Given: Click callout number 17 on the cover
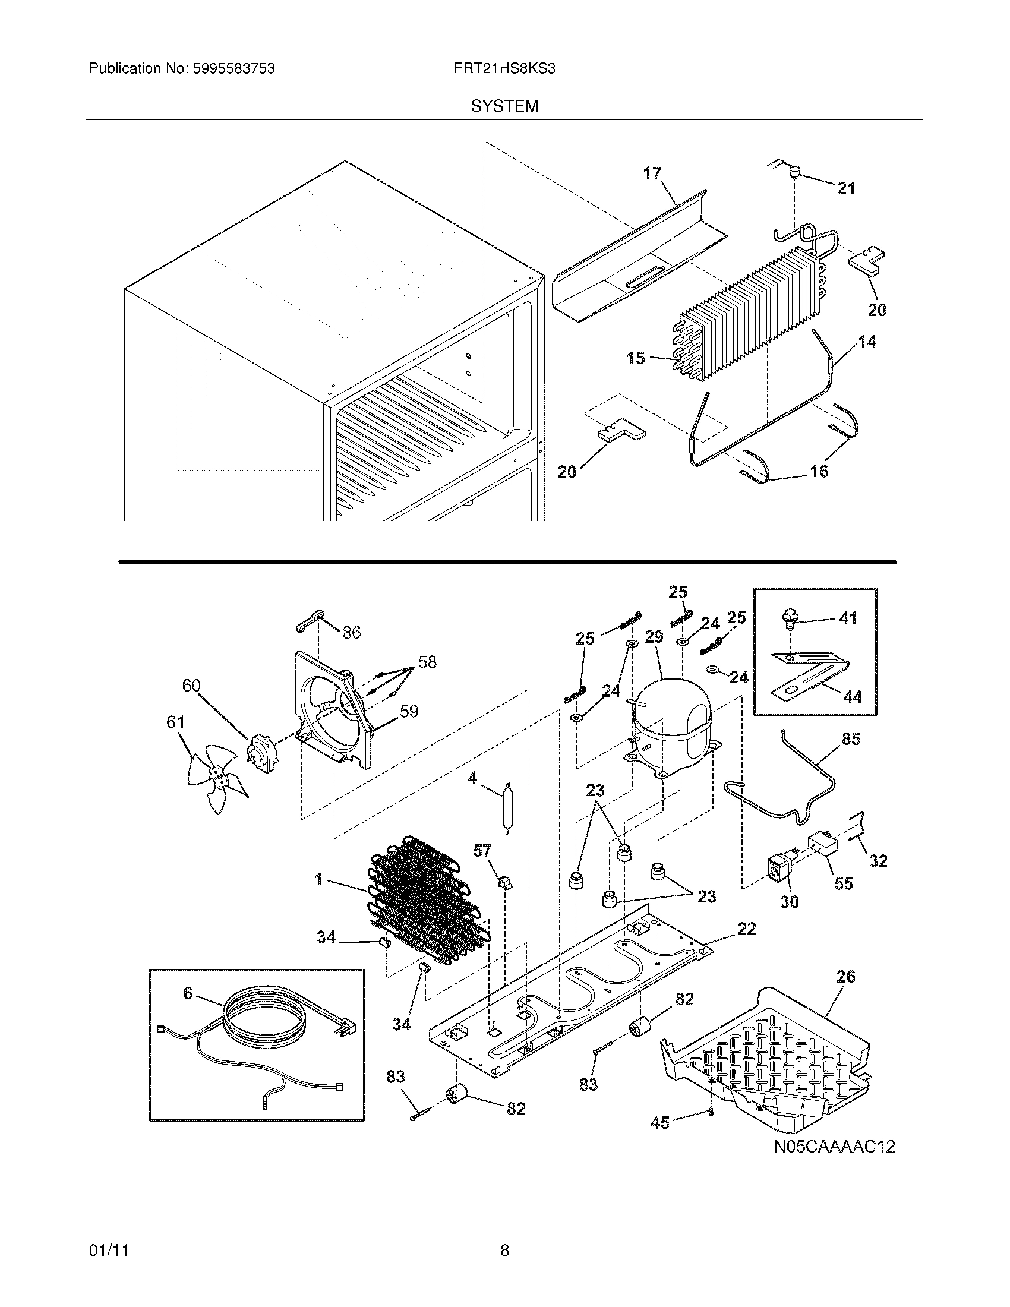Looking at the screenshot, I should click(x=652, y=173).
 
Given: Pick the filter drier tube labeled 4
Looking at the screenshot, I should click(x=507, y=808).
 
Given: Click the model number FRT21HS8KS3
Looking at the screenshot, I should click(x=504, y=69).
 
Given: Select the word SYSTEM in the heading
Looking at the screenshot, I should click(x=504, y=106).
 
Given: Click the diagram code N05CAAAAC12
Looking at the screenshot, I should click(x=834, y=1147).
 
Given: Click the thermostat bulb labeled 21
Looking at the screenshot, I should click(x=793, y=173).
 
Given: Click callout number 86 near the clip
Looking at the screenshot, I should click(x=351, y=633).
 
